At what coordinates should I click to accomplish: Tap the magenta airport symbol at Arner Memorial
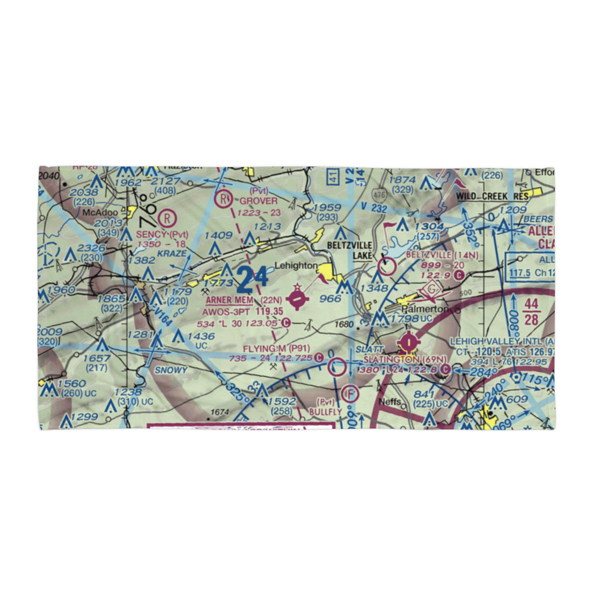coord(296,301)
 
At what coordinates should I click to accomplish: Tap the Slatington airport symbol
coord(409,342)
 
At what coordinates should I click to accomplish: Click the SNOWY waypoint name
coord(171,369)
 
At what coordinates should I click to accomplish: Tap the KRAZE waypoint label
coord(173,254)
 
